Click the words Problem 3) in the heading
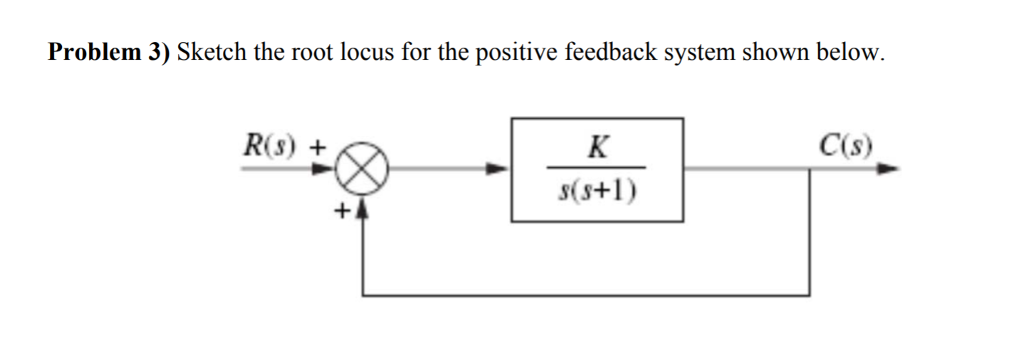(x=109, y=54)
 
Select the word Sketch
(x=211, y=54)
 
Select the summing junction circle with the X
(x=361, y=170)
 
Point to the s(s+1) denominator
(x=597, y=188)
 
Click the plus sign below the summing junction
(x=341, y=210)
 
